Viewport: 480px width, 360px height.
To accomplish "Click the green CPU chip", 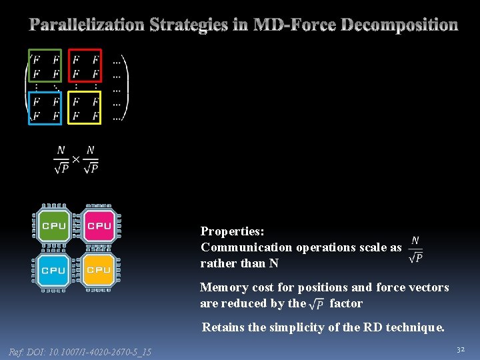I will [53, 225].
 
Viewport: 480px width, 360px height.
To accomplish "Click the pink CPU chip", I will [99, 225].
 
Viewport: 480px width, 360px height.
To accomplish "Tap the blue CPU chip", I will [53, 270].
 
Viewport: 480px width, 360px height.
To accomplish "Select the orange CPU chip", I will [99, 270].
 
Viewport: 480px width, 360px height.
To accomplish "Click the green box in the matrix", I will [45, 66].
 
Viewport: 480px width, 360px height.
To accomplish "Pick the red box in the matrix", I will [85, 66].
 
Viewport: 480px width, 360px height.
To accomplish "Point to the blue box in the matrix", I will [45, 108].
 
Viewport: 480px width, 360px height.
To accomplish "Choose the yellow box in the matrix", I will [85, 108].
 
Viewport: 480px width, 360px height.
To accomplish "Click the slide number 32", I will [460, 349].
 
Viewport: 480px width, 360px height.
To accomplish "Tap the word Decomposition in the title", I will [399, 25].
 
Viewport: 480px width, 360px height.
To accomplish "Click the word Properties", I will [232, 231].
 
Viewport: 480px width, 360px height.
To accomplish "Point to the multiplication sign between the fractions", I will [75, 159].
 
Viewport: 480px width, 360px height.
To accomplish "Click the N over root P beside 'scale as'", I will [415, 248].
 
